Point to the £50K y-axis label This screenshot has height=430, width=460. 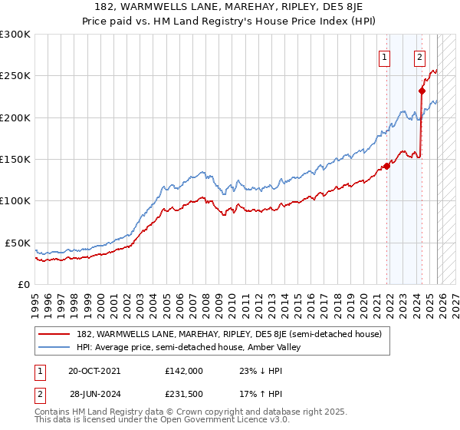17,243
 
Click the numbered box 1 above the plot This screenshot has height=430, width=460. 383,56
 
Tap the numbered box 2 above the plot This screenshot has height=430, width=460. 420,56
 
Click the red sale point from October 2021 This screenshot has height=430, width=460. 387,165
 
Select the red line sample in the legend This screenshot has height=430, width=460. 55,334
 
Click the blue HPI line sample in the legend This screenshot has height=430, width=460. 55,347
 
